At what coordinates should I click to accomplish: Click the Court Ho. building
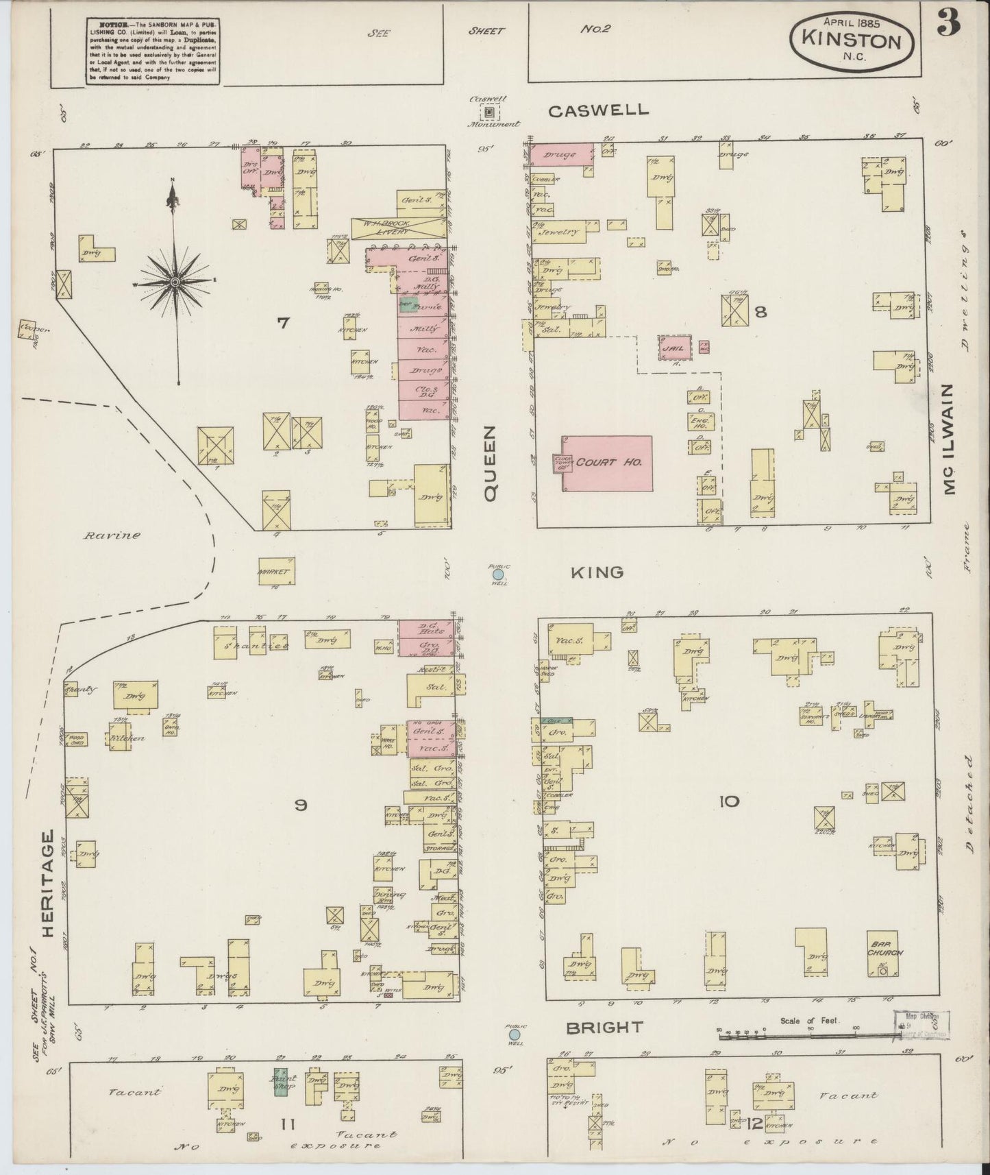tap(607, 463)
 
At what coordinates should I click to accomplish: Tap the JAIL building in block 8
tap(672, 348)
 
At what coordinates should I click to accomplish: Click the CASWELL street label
tap(598, 110)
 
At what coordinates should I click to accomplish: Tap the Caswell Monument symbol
tap(489, 112)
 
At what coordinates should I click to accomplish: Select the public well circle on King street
tap(499, 574)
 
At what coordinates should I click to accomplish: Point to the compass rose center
tap(175, 282)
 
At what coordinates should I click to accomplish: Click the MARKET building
tap(277, 571)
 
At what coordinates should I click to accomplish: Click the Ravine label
tap(112, 535)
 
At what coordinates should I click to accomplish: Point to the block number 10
tap(729, 801)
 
